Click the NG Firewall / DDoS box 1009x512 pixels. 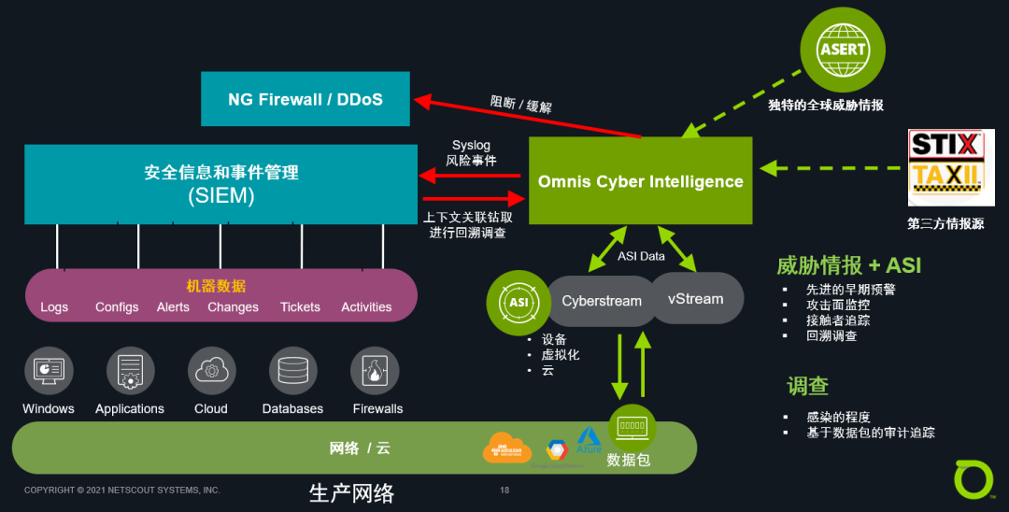coord(306,99)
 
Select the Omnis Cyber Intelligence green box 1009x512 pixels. coord(640,181)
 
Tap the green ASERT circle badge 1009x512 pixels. coord(843,49)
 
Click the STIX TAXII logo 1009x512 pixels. coord(945,167)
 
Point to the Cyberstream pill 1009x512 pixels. coord(601,301)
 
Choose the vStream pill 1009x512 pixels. coord(695,299)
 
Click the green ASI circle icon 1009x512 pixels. coord(519,303)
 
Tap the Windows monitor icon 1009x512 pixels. coord(49,371)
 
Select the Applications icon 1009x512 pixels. coord(130,371)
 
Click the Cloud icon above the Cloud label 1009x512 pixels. coord(211,371)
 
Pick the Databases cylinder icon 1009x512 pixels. coord(292,371)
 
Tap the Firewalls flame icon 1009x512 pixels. coord(375,371)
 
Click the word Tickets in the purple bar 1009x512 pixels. coord(300,307)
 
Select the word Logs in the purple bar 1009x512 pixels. coord(54,307)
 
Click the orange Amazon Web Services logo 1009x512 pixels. coord(506,448)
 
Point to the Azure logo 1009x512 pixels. coord(589,440)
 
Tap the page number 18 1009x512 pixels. coord(504,490)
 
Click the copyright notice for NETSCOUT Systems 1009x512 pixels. coord(122,490)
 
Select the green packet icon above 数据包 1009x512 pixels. coord(632,427)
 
